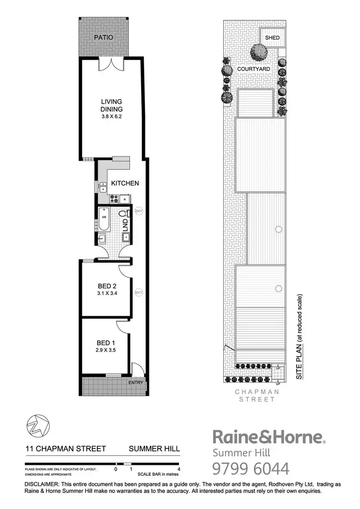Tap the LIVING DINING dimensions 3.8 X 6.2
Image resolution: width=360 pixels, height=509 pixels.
click(x=111, y=116)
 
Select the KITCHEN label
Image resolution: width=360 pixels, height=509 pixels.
click(x=125, y=183)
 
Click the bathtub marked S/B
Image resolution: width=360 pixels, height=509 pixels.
click(x=104, y=221)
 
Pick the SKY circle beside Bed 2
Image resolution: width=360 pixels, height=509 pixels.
click(x=139, y=292)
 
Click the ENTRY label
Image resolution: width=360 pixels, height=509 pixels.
click(x=135, y=382)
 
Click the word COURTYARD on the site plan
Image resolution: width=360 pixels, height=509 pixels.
click(x=253, y=69)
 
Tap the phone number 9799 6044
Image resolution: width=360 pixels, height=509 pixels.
click(x=251, y=468)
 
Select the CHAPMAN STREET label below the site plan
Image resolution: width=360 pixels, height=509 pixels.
click(x=257, y=395)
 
